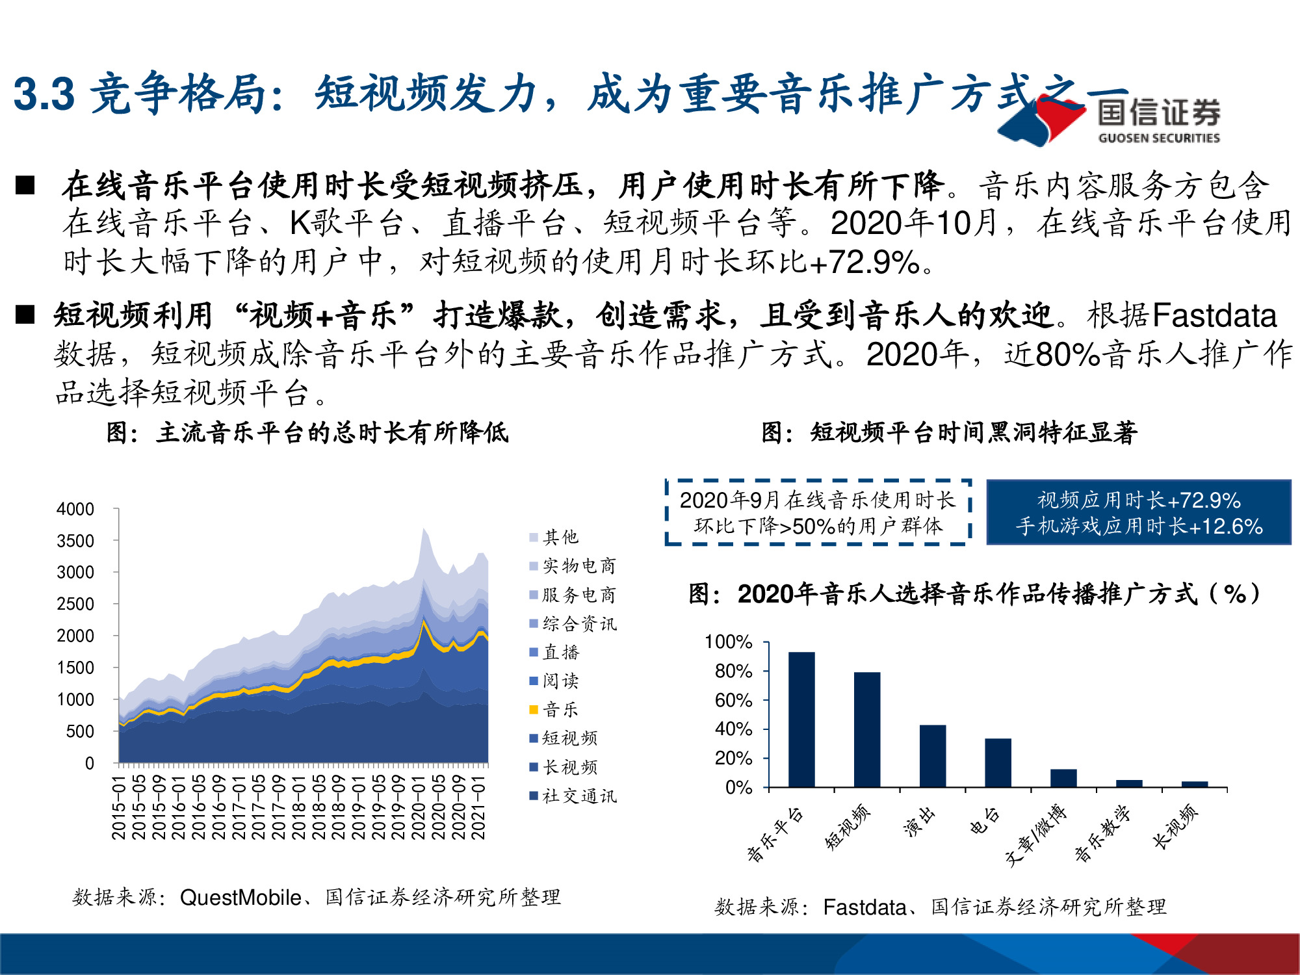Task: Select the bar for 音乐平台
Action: coord(801,720)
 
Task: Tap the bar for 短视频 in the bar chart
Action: coord(867,729)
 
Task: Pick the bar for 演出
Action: coord(932,756)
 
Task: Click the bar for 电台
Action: coord(998,762)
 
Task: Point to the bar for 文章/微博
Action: coord(1063,778)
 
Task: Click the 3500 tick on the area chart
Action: coord(75,541)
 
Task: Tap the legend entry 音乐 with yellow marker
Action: coord(554,709)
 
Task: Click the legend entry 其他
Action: coord(554,537)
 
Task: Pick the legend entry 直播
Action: coord(554,652)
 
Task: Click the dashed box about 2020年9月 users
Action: coord(818,513)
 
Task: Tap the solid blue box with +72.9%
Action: coord(1139,513)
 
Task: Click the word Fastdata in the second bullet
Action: coord(1214,316)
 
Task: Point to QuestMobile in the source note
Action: coord(240,898)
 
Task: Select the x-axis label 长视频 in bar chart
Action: coord(1175,827)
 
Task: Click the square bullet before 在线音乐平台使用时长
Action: coord(25,185)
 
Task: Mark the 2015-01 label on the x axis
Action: coord(119,807)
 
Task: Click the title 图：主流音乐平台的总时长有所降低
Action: coord(307,432)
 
